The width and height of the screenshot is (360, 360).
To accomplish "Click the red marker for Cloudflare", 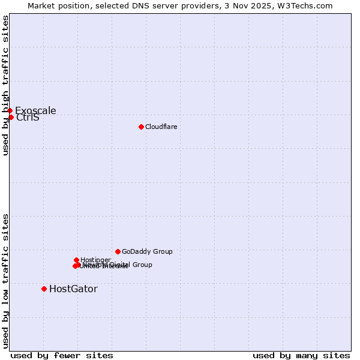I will click(141, 127).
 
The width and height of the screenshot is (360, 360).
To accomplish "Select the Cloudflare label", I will click(161, 127).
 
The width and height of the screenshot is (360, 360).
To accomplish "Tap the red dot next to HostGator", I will click(44, 289).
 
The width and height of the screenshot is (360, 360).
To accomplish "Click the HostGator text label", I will click(73, 289).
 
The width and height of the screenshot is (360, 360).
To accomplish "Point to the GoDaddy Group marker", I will click(118, 251).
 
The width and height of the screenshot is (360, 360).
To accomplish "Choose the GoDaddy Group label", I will click(147, 251).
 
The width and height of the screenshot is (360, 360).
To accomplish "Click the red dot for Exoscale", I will click(10, 110).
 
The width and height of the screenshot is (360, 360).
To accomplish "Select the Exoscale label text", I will click(35, 110).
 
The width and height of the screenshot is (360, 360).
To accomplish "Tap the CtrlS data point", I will click(11, 117).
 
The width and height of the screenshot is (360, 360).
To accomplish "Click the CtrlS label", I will click(28, 118).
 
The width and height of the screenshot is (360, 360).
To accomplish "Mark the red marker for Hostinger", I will click(76, 260).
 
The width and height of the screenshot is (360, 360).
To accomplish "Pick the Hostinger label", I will click(95, 260).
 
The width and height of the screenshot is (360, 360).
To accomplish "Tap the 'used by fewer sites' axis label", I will click(62, 355).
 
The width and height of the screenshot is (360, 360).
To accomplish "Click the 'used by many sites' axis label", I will click(301, 355).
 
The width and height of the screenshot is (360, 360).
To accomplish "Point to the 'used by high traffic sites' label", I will click(5, 85).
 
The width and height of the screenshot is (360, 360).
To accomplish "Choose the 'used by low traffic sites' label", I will click(5, 281).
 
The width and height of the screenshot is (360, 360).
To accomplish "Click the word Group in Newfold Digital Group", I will click(142, 265).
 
